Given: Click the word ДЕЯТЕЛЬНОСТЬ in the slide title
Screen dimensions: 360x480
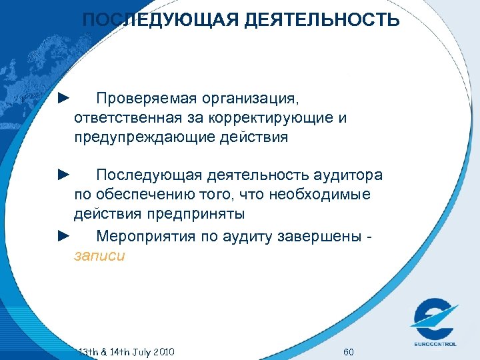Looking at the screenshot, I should (323, 21).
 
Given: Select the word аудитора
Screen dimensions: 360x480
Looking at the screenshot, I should (347, 175).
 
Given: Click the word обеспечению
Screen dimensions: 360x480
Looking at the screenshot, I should (141, 195).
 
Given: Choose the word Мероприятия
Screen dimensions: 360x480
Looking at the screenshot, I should (140, 236).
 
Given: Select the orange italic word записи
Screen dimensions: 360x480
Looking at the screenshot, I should (99, 255).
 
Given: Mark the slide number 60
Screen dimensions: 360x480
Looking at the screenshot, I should (348, 351).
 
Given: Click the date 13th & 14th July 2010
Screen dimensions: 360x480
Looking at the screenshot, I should (126, 351).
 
